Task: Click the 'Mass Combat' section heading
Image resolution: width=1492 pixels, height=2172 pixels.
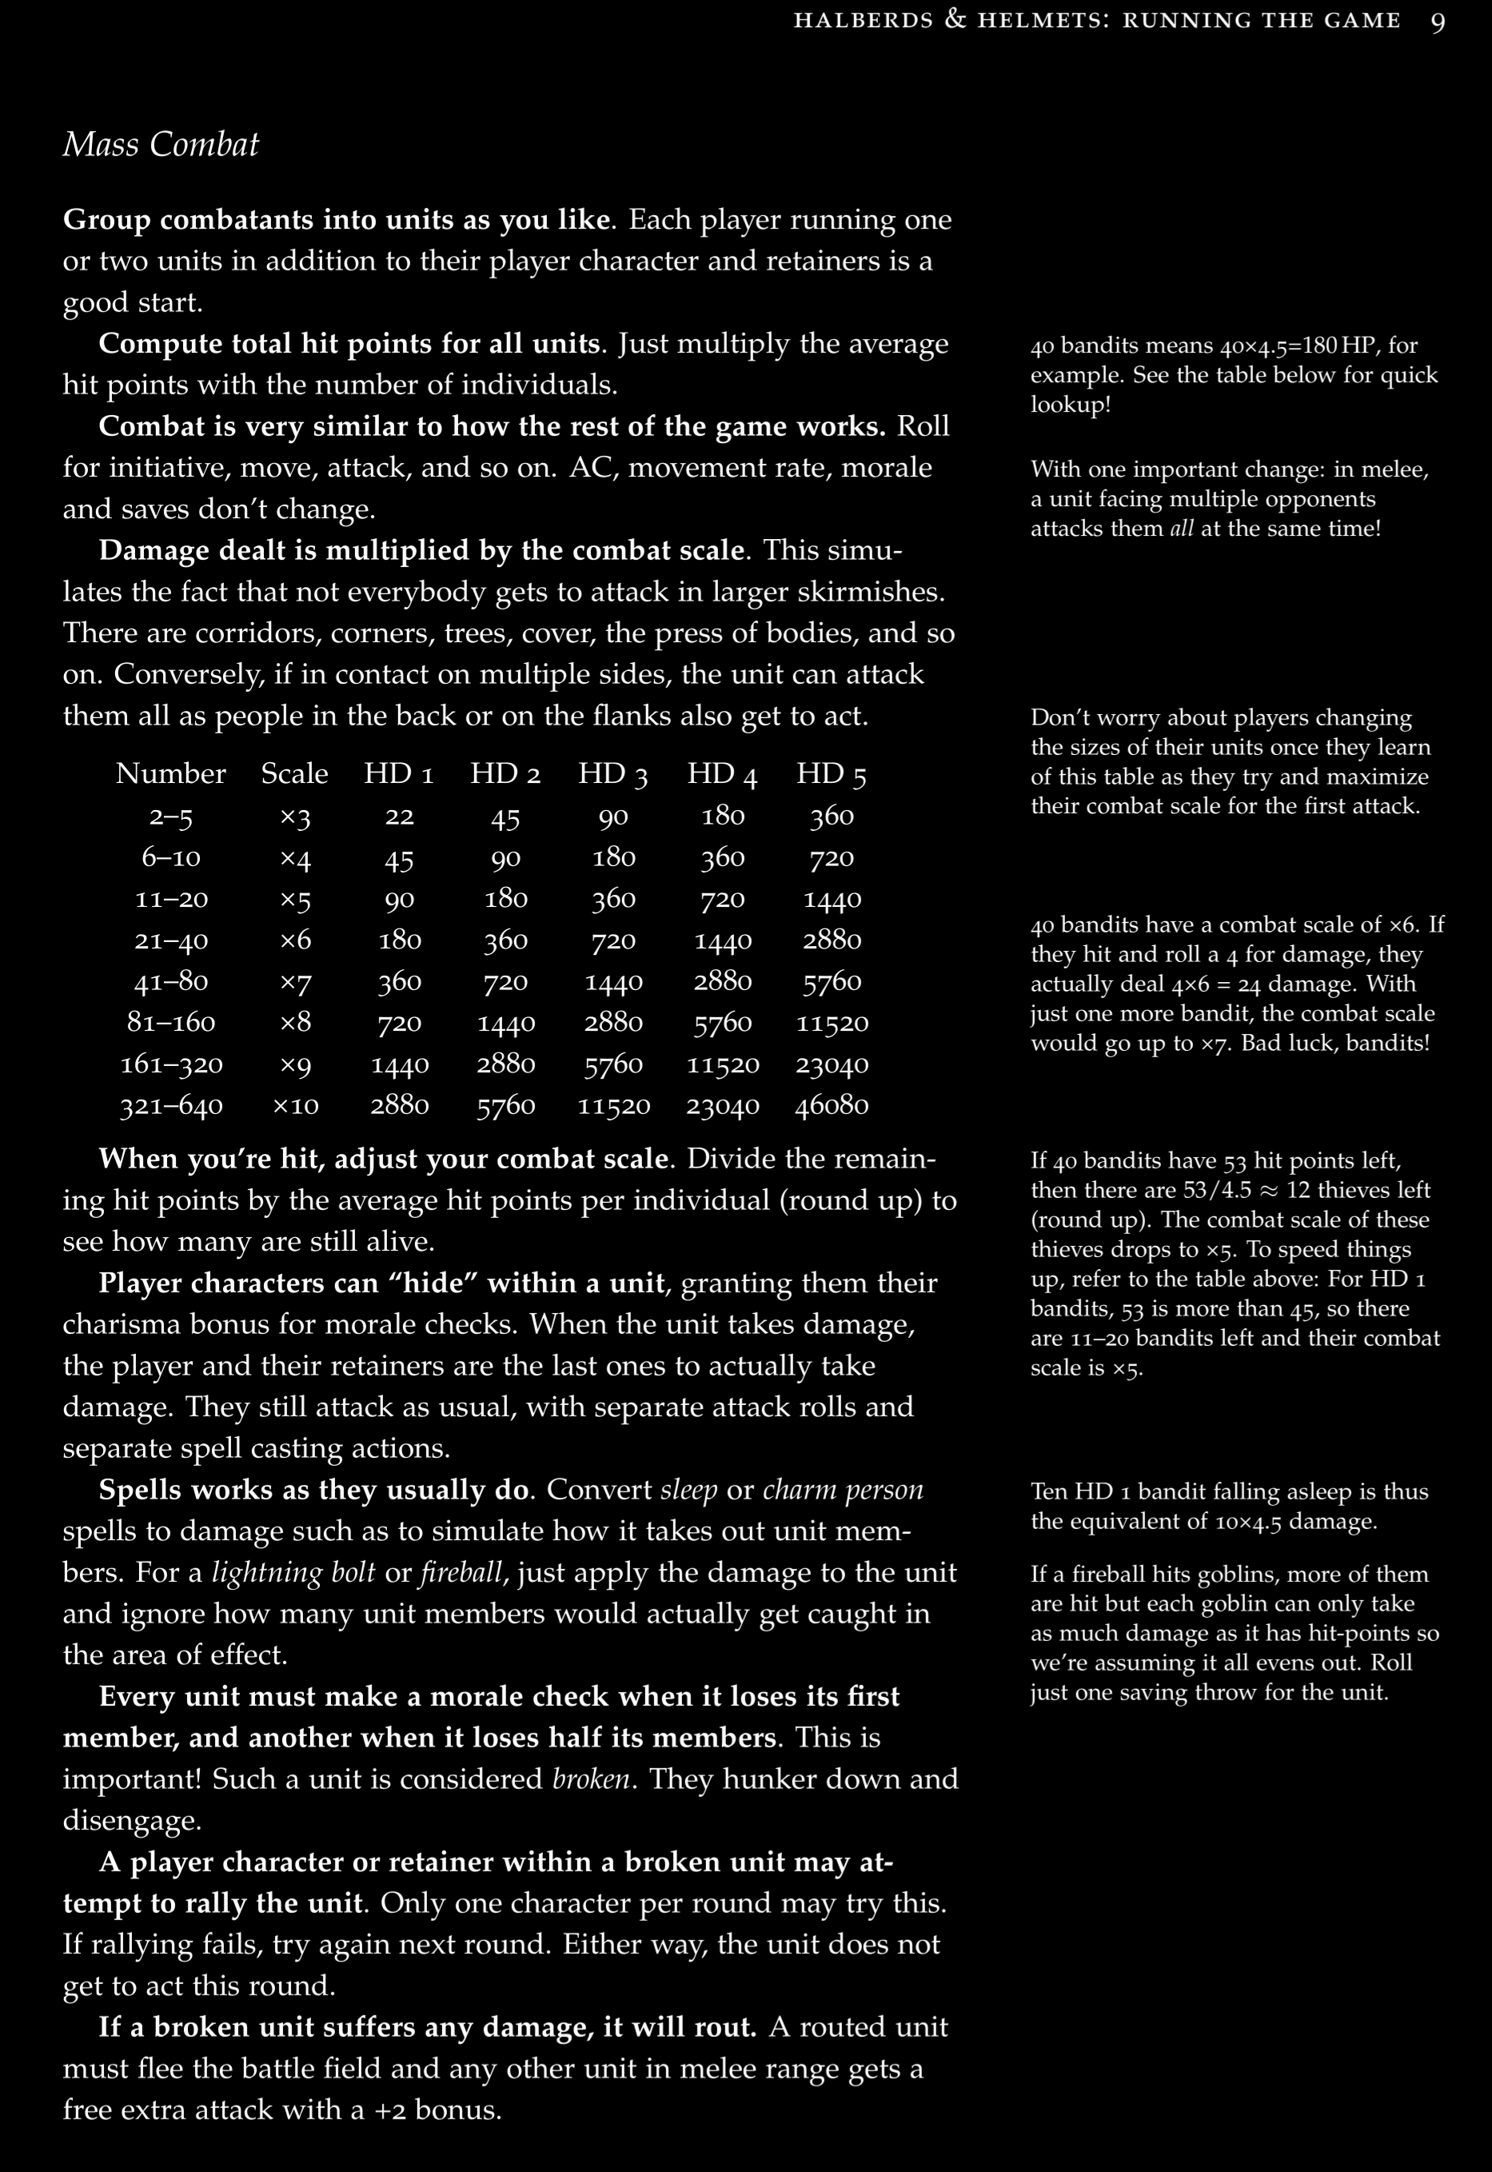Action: pyautogui.click(x=160, y=145)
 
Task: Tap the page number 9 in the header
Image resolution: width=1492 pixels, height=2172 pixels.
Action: pyautogui.click(x=1438, y=22)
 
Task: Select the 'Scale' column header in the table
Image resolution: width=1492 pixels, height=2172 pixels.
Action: pyautogui.click(x=294, y=774)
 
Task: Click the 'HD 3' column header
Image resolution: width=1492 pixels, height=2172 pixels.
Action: pyautogui.click(x=613, y=774)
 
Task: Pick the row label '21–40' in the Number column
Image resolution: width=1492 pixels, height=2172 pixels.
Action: pyautogui.click(x=171, y=940)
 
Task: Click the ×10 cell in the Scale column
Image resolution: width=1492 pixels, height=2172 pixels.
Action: pyautogui.click(x=295, y=1105)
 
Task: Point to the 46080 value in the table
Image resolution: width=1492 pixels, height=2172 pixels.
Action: pyautogui.click(x=832, y=1105)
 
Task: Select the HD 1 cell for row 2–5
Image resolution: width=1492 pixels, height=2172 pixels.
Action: pyautogui.click(x=399, y=816)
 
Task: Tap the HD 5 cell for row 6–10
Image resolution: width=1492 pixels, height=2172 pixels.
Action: pyautogui.click(x=832, y=857)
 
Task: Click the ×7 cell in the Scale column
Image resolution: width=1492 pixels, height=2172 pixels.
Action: pyautogui.click(x=295, y=980)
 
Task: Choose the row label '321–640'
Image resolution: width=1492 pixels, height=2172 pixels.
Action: pyautogui.click(x=171, y=1105)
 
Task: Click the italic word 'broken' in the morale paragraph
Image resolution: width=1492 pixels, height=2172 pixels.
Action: pyautogui.click(x=592, y=1779)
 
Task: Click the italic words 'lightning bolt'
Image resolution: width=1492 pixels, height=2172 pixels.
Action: pyautogui.click(x=293, y=1573)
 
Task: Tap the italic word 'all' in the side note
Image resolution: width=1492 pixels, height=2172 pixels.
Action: pyautogui.click(x=1182, y=529)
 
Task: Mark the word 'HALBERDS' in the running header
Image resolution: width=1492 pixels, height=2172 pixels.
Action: pyautogui.click(x=863, y=21)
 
